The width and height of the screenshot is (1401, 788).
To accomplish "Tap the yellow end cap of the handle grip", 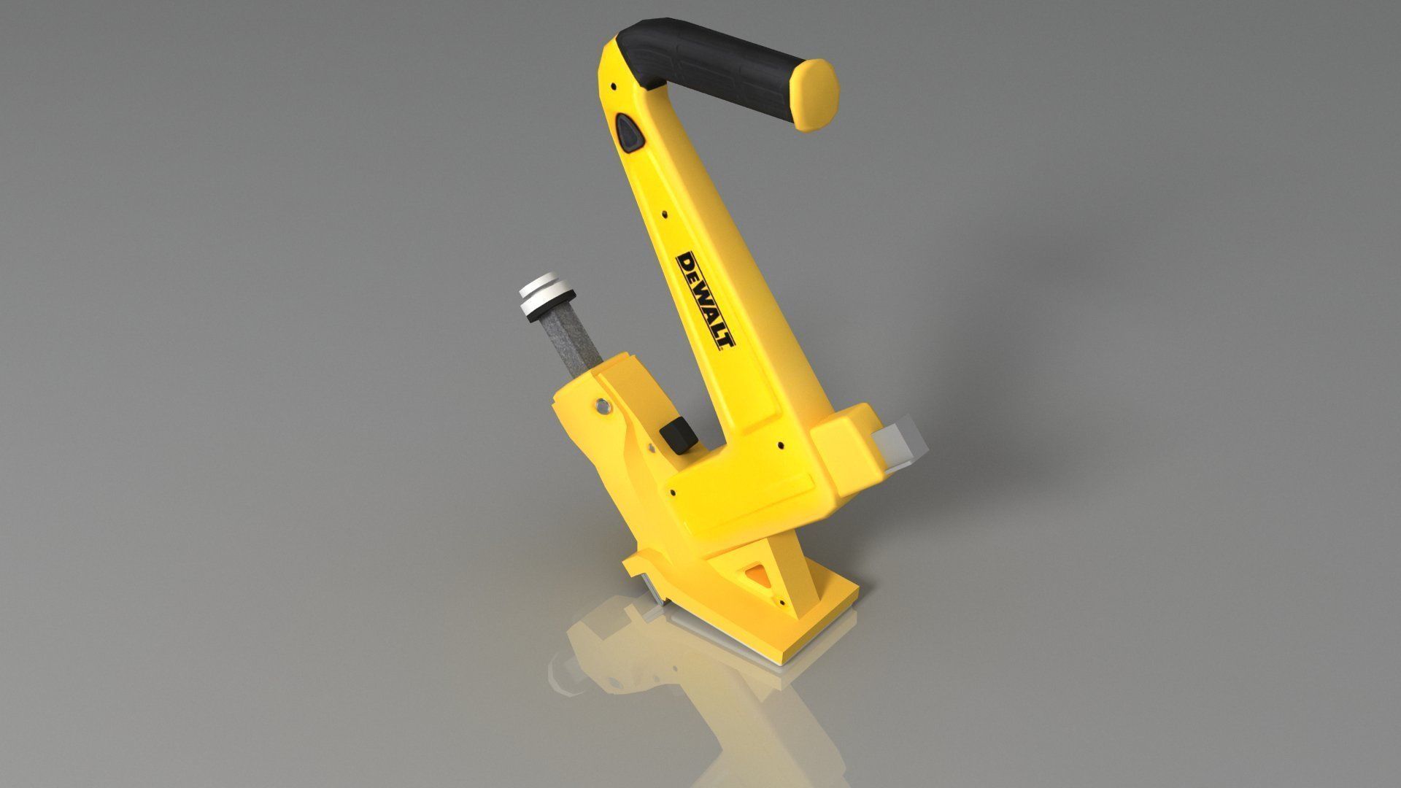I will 818,94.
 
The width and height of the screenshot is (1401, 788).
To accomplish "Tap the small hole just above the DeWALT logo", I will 665,215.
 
